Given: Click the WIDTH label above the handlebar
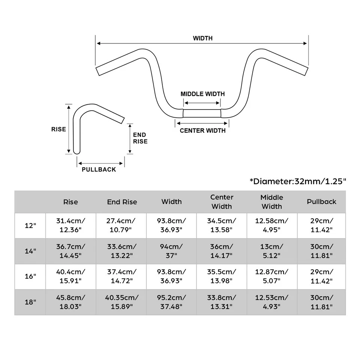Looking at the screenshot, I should tap(202, 38).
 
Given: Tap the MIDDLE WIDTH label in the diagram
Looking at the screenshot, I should tap(202, 94).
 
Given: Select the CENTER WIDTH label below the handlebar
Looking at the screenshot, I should tap(202, 130).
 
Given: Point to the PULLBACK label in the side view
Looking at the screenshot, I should tap(99, 169).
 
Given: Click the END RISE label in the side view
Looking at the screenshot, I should tap(140, 138).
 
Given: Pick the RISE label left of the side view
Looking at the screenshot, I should tap(58, 129).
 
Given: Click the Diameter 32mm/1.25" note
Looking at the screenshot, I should tap(298, 181).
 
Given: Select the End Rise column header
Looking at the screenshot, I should tap(122, 202).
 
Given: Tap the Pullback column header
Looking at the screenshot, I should tap(321, 201).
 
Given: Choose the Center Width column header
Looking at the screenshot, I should tap(222, 202).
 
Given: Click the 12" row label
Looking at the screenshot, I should tap(30, 226).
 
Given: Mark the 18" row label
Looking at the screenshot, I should tap(30, 302).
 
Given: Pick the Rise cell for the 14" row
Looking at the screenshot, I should tap(70, 251).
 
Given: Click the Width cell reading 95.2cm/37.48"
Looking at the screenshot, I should tap(171, 302).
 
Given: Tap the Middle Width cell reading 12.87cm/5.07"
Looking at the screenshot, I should tap(272, 276).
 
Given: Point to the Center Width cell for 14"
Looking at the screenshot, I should tap(222, 251).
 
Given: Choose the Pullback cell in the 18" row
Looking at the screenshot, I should tap(321, 302).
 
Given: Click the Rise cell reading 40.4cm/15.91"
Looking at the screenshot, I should tap(70, 276).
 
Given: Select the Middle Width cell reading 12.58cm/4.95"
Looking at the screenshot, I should tap(272, 226).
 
